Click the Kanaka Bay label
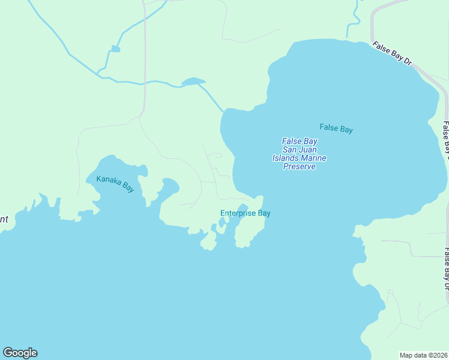(115, 183)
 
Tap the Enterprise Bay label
(245, 213)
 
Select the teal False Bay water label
(336, 128)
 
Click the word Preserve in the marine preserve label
(299, 167)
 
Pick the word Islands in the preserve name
(286, 158)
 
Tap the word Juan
(308, 149)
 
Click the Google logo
(20, 353)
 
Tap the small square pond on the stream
(115, 49)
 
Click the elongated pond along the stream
(193, 81)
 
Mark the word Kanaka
(109, 179)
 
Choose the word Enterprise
(238, 213)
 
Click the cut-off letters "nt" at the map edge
(4, 220)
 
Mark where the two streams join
(98, 74)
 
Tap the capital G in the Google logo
(8, 353)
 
